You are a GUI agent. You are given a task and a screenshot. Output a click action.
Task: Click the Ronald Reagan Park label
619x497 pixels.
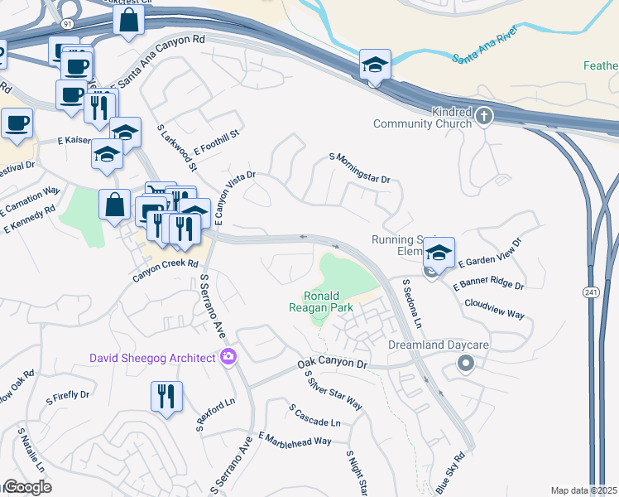pos(328,302)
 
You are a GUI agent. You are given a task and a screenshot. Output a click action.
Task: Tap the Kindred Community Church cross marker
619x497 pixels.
pos(484,117)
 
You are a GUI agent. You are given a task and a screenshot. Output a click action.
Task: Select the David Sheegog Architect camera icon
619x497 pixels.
pos(228,358)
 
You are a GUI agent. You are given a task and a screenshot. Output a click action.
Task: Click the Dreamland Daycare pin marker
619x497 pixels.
pos(466,363)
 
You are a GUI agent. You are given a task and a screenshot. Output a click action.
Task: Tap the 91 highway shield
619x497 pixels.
pos(66,25)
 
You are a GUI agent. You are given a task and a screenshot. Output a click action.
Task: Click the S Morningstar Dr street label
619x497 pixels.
pos(359,168)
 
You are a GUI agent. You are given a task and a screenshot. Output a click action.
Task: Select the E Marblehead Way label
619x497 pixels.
pos(295,440)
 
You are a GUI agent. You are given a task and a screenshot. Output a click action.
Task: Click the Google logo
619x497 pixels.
pos(26,487)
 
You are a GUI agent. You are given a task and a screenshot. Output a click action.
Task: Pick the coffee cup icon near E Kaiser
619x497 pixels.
pos(17,123)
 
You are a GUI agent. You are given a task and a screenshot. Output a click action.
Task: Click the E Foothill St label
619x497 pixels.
pos(216,141)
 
